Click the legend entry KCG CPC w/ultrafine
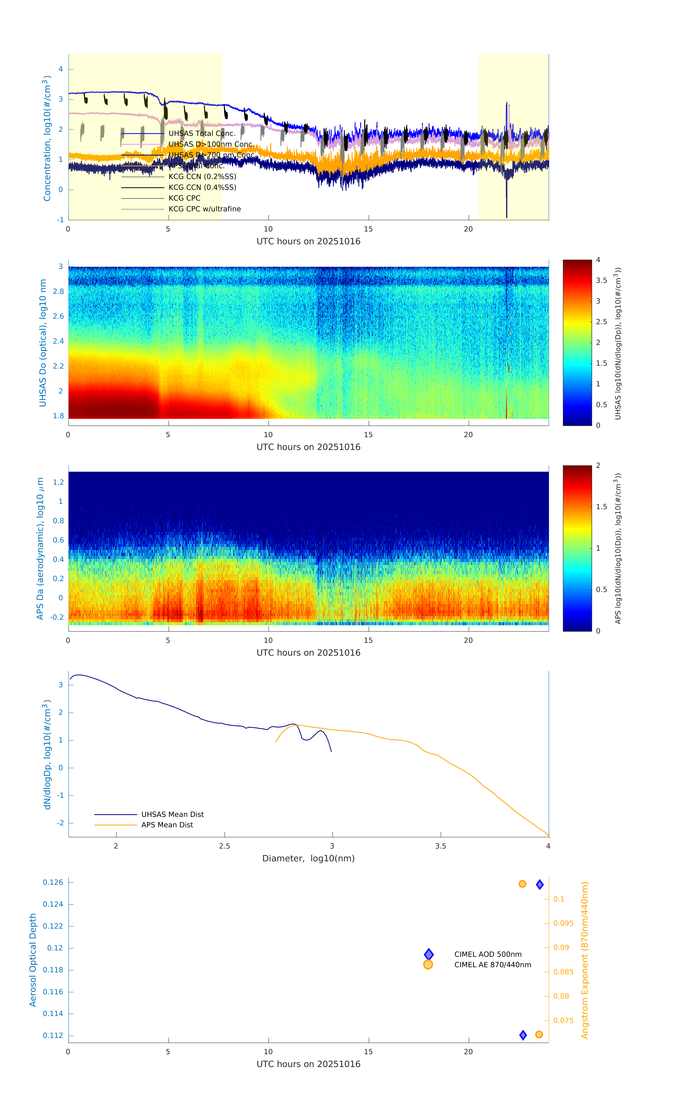[x=204, y=209]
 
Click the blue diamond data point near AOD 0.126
[x=540, y=885]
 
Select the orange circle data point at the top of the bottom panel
[x=522, y=884]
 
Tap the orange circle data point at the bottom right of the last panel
[x=539, y=1035]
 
